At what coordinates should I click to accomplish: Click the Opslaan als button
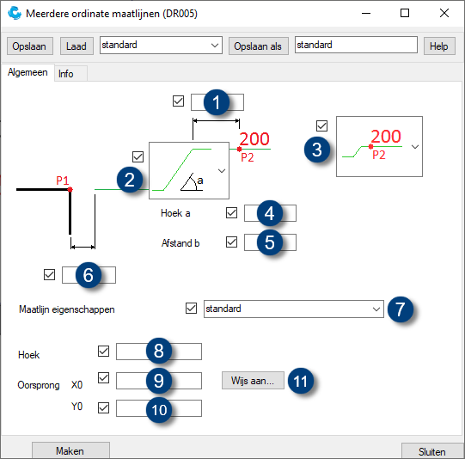tap(258, 46)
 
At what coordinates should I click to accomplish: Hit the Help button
tap(439, 46)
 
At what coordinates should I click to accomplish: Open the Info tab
tap(66, 74)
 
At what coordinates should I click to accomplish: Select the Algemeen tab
tap(28, 73)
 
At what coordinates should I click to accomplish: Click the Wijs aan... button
tap(252, 380)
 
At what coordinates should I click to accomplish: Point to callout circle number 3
tap(319, 148)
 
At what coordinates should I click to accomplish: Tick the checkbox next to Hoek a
tap(231, 213)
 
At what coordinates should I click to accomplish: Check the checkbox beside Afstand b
tap(231, 242)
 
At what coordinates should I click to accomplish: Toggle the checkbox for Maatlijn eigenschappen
tap(191, 308)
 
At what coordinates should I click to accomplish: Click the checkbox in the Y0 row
tap(104, 408)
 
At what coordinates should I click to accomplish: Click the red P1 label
tap(62, 181)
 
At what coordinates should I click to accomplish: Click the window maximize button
tap(405, 14)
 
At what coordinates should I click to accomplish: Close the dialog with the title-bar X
tap(444, 14)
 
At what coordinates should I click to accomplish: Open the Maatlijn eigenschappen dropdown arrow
tap(376, 309)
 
